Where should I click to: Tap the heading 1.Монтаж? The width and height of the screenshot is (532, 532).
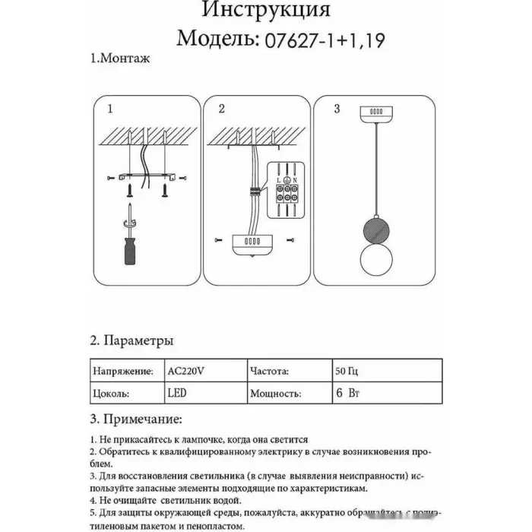click(119, 59)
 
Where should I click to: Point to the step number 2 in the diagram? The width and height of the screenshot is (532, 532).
click(221, 109)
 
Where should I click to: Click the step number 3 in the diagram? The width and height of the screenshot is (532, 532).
click(337, 109)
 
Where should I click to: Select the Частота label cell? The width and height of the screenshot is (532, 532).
click(268, 372)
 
